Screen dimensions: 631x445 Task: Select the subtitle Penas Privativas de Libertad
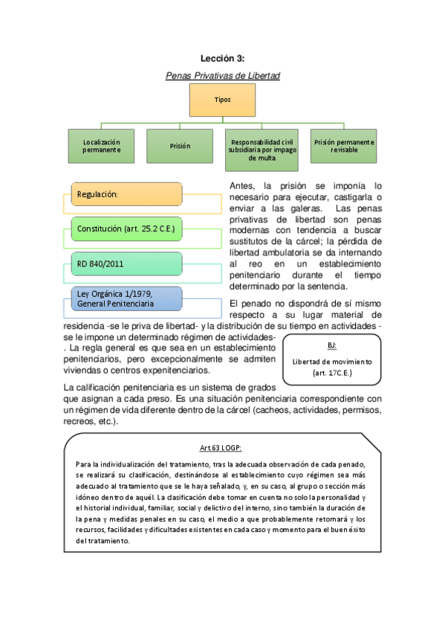(x=222, y=75)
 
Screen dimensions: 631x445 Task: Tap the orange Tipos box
(x=222, y=100)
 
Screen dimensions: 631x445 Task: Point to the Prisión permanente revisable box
(x=343, y=146)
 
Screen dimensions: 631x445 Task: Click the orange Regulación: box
(x=126, y=194)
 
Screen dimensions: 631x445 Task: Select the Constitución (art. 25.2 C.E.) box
(x=126, y=228)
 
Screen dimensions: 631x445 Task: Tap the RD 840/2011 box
(x=126, y=263)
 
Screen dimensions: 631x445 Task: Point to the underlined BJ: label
(x=331, y=346)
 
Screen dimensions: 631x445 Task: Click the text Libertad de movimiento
(x=331, y=361)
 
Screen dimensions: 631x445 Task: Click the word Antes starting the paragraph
(x=243, y=185)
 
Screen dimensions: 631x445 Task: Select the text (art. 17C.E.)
(x=331, y=372)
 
